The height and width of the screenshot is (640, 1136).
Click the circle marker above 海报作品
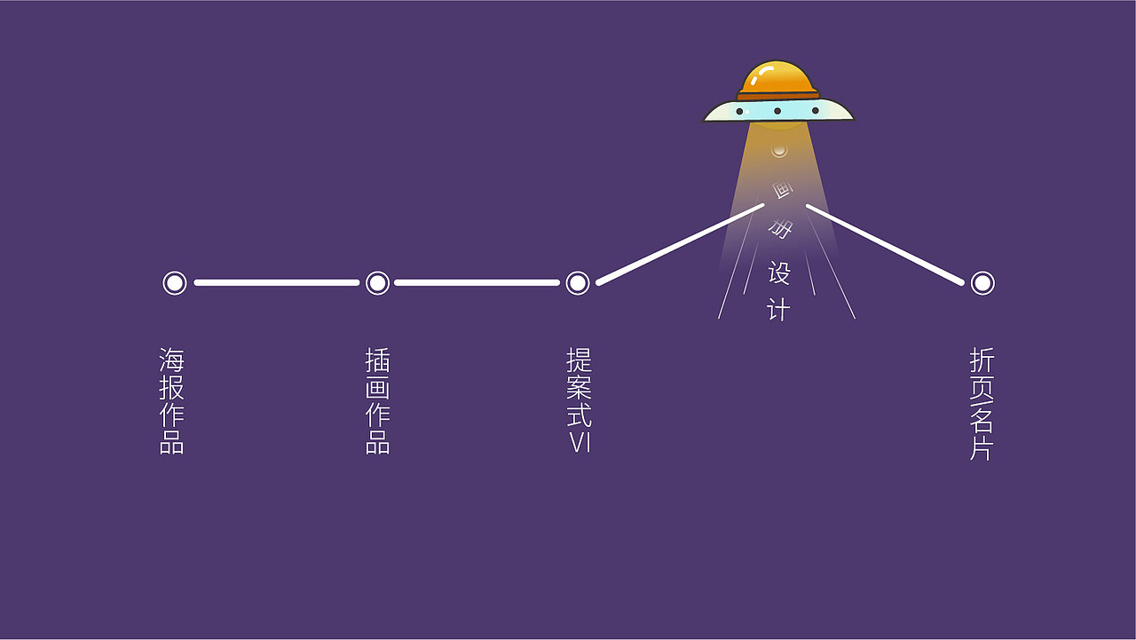[175, 283]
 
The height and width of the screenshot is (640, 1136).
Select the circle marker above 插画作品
[378, 283]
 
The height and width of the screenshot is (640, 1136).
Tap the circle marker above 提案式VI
[578, 283]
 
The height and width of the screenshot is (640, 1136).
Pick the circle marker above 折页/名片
[982, 283]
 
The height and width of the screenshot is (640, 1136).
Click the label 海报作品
[172, 401]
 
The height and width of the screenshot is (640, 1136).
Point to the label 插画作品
[378, 401]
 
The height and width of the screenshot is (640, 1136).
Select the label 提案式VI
[580, 400]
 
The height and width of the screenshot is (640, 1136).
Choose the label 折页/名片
[982, 404]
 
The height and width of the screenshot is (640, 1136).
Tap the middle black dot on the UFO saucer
[777, 111]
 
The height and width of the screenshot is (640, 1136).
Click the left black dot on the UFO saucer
[739, 112]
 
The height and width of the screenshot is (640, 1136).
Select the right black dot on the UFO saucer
[815, 111]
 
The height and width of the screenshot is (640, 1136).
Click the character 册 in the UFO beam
[781, 230]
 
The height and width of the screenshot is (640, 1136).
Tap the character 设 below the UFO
[779, 273]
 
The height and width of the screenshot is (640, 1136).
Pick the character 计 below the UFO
[778, 309]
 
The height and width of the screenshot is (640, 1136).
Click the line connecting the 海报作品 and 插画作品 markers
[276, 283]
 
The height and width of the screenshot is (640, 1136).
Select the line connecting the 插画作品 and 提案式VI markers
[477, 283]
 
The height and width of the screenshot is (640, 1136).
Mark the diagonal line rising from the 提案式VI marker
[680, 244]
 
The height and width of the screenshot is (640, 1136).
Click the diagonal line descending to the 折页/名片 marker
[884, 244]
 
